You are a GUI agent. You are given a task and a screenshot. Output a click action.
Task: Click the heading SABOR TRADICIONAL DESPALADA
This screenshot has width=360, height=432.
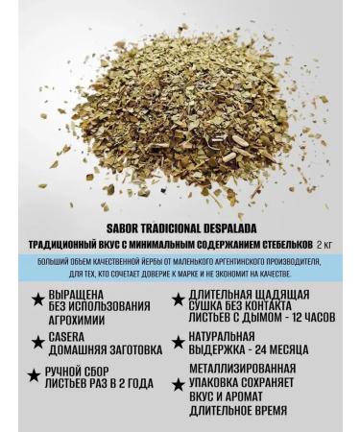coord(180,229)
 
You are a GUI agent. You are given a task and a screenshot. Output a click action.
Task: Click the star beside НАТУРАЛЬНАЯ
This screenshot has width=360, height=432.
coord(178,341)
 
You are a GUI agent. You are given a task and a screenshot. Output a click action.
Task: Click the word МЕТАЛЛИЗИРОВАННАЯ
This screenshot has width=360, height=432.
coord(242,368)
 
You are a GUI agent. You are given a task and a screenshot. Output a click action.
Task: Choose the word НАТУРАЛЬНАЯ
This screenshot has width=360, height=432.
coord(222,336)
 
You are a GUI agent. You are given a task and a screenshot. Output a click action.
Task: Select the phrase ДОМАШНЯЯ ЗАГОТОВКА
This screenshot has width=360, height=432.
coord(98,351)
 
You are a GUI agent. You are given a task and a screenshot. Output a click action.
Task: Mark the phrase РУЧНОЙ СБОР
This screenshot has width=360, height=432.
coord(84,371)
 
